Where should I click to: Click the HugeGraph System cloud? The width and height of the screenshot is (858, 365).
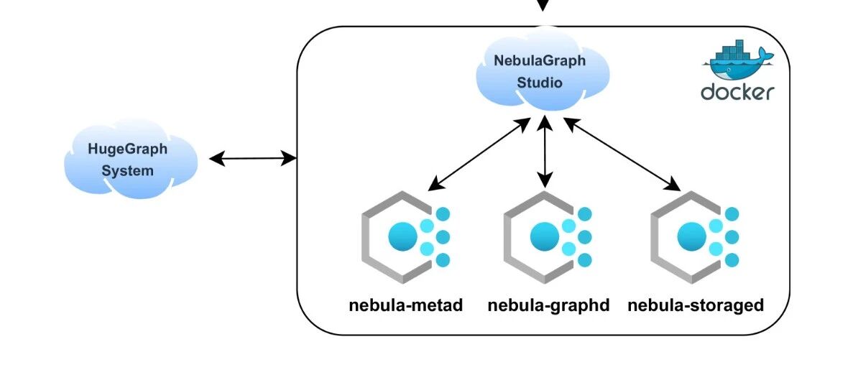click(x=131, y=158)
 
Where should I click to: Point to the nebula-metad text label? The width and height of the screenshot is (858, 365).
click(x=405, y=305)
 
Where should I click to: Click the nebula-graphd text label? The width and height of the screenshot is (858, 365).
click(x=548, y=305)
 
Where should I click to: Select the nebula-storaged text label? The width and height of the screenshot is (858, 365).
click(x=696, y=305)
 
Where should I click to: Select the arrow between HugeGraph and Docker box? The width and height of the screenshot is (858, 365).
click(x=253, y=159)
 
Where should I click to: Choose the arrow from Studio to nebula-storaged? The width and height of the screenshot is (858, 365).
click(x=622, y=154)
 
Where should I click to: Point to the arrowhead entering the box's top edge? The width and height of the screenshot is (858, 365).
click(x=543, y=6)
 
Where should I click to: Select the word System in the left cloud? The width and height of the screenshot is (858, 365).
click(x=127, y=171)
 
